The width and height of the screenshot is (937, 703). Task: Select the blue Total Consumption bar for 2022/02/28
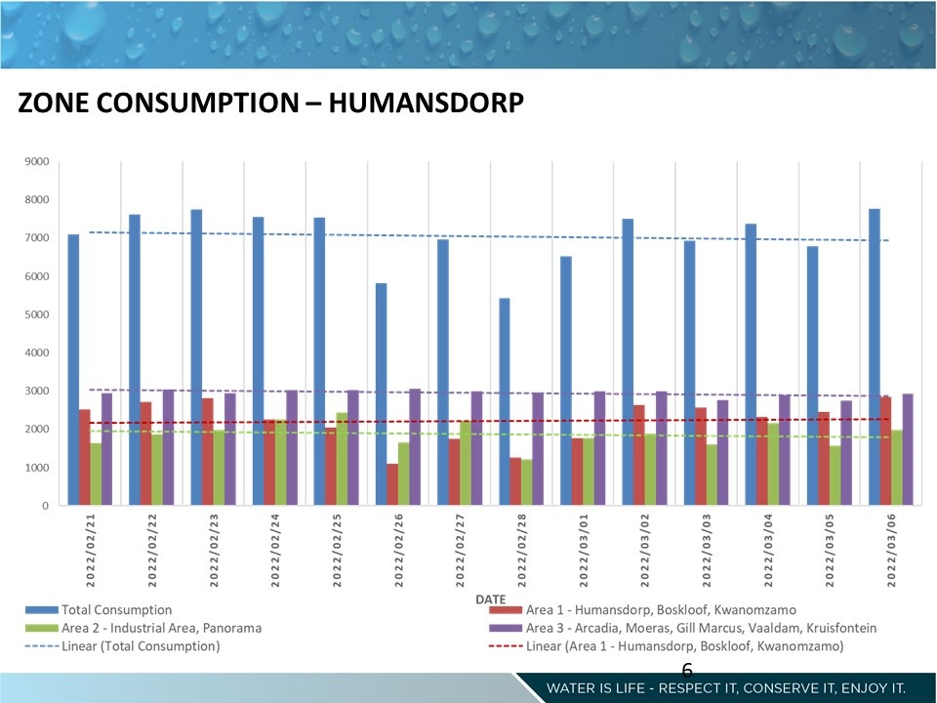pyautogui.click(x=504, y=401)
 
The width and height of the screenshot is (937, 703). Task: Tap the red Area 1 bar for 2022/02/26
pyautogui.click(x=392, y=484)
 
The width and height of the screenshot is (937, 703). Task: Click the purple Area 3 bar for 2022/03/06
pyautogui.click(x=908, y=449)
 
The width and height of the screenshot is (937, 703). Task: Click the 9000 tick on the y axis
pyautogui.click(x=38, y=161)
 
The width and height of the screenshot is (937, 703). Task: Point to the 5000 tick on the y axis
pyautogui.click(x=38, y=314)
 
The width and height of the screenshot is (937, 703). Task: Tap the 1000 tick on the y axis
pyautogui.click(x=38, y=468)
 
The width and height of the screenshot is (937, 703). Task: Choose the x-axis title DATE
pyautogui.click(x=490, y=598)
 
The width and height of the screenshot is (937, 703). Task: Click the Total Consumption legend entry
pyautogui.click(x=116, y=610)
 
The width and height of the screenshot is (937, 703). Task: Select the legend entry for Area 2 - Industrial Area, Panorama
pyautogui.click(x=161, y=628)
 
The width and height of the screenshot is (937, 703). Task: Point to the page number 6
pyautogui.click(x=686, y=670)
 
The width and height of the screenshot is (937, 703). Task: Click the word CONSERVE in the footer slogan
pyautogui.click(x=784, y=688)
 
